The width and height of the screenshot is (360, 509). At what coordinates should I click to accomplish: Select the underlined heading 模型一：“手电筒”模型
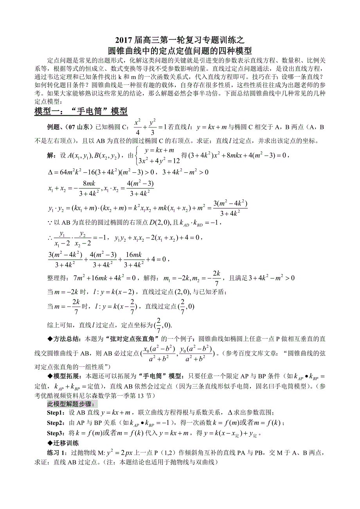click(x=81, y=111)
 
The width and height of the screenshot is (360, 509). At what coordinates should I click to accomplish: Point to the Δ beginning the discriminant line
click(x=50, y=172)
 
